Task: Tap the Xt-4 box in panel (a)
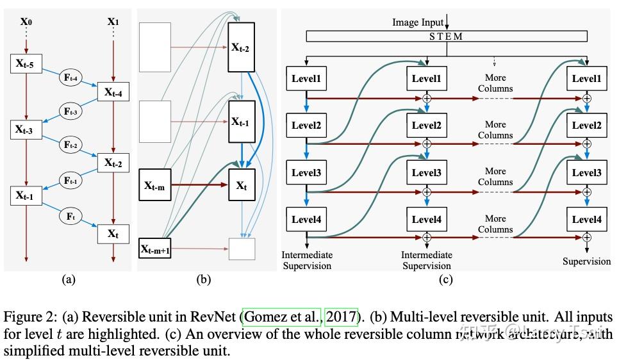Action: coord(113,93)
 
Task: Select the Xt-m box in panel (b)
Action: coord(154,186)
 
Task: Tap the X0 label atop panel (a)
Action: coord(26,20)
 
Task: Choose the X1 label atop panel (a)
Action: coord(113,20)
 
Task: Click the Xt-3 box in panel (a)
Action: coord(26,130)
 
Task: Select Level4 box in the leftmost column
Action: coord(306,220)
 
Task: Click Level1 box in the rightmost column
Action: coord(586,79)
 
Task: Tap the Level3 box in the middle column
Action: coord(426,172)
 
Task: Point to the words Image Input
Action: coord(417,22)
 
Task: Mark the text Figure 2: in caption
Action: coord(26,317)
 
